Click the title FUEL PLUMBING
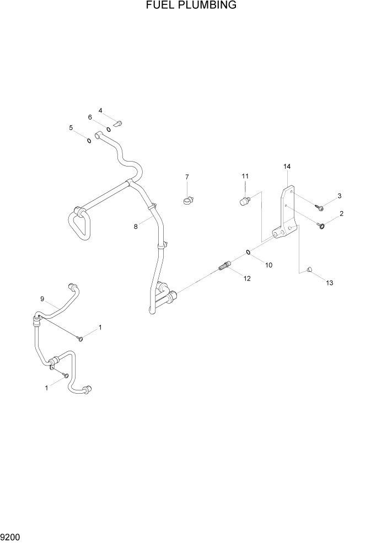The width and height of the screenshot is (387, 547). coord(191,6)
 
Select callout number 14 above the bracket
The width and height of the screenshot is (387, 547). coord(287,166)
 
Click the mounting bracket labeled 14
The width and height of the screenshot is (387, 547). coord(287,221)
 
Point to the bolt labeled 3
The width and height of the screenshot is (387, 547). coord(320,207)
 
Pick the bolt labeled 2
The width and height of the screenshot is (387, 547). coord(321,224)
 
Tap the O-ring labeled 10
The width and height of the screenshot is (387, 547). coord(249,253)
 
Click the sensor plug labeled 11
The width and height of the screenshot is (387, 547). coord(243,201)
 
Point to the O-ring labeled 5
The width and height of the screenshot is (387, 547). coord(88,140)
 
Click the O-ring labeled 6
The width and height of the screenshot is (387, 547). coord(109,130)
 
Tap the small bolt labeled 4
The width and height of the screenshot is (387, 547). coord(118,123)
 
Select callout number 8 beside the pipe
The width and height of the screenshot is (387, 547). coord(136,226)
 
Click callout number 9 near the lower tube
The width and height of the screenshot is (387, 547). coord(42,299)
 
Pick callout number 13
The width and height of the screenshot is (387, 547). coord(330,283)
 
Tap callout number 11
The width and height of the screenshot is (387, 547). coord(245,176)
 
